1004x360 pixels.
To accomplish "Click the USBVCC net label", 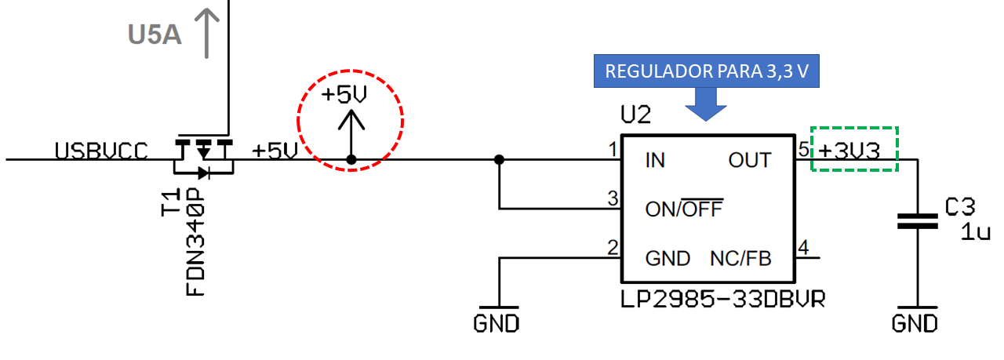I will (100, 151).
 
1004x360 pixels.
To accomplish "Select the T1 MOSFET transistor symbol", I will (204, 157).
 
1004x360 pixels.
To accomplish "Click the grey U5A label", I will (155, 34).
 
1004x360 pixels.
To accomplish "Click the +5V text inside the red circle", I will (344, 95).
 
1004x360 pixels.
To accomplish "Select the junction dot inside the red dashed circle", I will (351, 160).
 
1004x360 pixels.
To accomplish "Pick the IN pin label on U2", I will (655, 161).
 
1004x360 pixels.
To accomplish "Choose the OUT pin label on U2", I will (750, 161).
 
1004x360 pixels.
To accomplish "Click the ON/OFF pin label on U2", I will (683, 209).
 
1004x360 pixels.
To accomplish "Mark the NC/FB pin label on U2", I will (740, 258).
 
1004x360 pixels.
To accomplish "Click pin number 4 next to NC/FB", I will (802, 249).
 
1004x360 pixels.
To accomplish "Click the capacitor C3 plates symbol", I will (916, 219).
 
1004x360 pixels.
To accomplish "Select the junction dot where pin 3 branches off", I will (499, 160).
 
